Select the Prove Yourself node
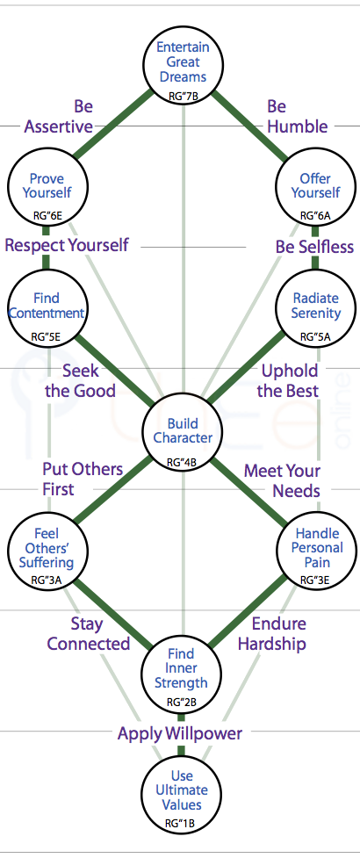(x=47, y=185)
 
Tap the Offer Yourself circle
(x=315, y=185)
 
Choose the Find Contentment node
(x=47, y=306)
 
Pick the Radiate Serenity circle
(x=315, y=306)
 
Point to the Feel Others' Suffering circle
(x=47, y=550)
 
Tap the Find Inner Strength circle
(x=182, y=673)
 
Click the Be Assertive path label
(x=59, y=117)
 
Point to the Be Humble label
(x=298, y=117)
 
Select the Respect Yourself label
(x=67, y=245)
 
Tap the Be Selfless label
(x=314, y=247)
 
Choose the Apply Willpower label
(x=180, y=733)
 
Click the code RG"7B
(x=184, y=97)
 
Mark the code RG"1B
(x=180, y=822)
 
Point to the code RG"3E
(x=315, y=580)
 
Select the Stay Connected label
(x=89, y=634)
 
